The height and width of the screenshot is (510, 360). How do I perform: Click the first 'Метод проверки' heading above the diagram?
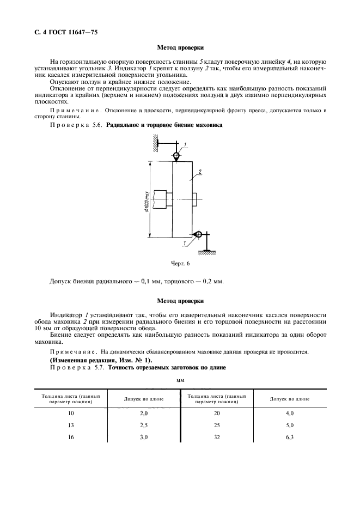tap(180, 48)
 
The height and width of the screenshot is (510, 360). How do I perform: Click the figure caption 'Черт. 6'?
tap(180, 263)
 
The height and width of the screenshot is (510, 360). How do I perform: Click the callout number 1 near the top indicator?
tap(185, 144)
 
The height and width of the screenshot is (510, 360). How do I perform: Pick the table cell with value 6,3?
tap(290, 438)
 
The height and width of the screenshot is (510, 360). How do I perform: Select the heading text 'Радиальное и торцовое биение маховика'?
tap(164, 125)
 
